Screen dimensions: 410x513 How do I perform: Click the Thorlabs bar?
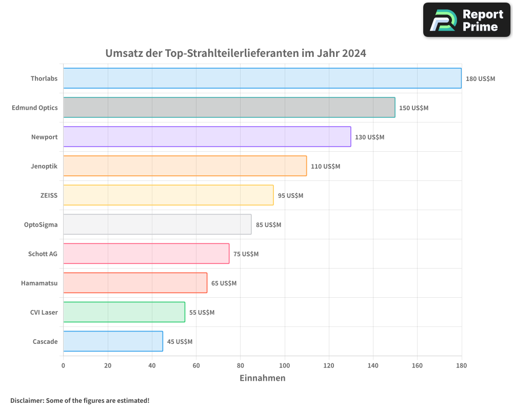click(262, 78)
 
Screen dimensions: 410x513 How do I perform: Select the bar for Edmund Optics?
click(229, 108)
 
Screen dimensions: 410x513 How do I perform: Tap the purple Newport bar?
click(207, 137)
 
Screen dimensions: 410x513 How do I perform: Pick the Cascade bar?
click(113, 341)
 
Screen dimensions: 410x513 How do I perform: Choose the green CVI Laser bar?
click(124, 312)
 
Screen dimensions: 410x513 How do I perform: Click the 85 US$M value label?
click(269, 225)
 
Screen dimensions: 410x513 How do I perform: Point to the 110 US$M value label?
click(325, 167)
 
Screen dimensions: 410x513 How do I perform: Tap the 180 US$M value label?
click(480, 79)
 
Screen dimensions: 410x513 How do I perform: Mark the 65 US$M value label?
click(224, 283)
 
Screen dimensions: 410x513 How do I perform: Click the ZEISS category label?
click(49, 195)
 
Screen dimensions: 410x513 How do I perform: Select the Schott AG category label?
click(43, 254)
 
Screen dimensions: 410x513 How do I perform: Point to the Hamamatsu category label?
click(39, 283)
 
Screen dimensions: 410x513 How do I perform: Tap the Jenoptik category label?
click(44, 166)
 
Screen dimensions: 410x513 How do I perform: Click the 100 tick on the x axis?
click(285, 365)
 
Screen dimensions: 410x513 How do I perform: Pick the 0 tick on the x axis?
click(63, 365)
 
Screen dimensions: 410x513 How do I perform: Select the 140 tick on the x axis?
click(373, 365)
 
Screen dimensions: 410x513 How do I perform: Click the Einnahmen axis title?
click(262, 378)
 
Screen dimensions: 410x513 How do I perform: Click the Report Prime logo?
click(466, 20)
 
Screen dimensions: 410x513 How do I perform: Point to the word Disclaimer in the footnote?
click(27, 400)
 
